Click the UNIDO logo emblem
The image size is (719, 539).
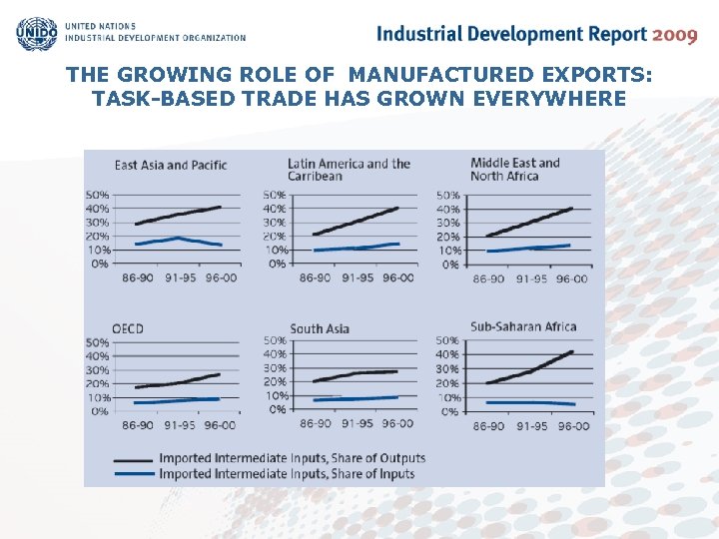coord(37,33)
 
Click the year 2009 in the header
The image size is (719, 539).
coord(674,35)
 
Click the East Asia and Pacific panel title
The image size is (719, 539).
coord(171,165)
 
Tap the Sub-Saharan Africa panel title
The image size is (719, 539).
coord(523,326)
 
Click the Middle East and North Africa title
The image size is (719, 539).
coord(515,170)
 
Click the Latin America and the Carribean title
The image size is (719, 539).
coord(349,170)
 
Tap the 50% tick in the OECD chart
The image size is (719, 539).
coord(97,342)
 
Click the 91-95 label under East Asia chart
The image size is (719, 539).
coord(180,278)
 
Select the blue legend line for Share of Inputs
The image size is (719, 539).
coord(134,473)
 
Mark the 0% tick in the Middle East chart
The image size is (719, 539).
coord(450,265)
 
